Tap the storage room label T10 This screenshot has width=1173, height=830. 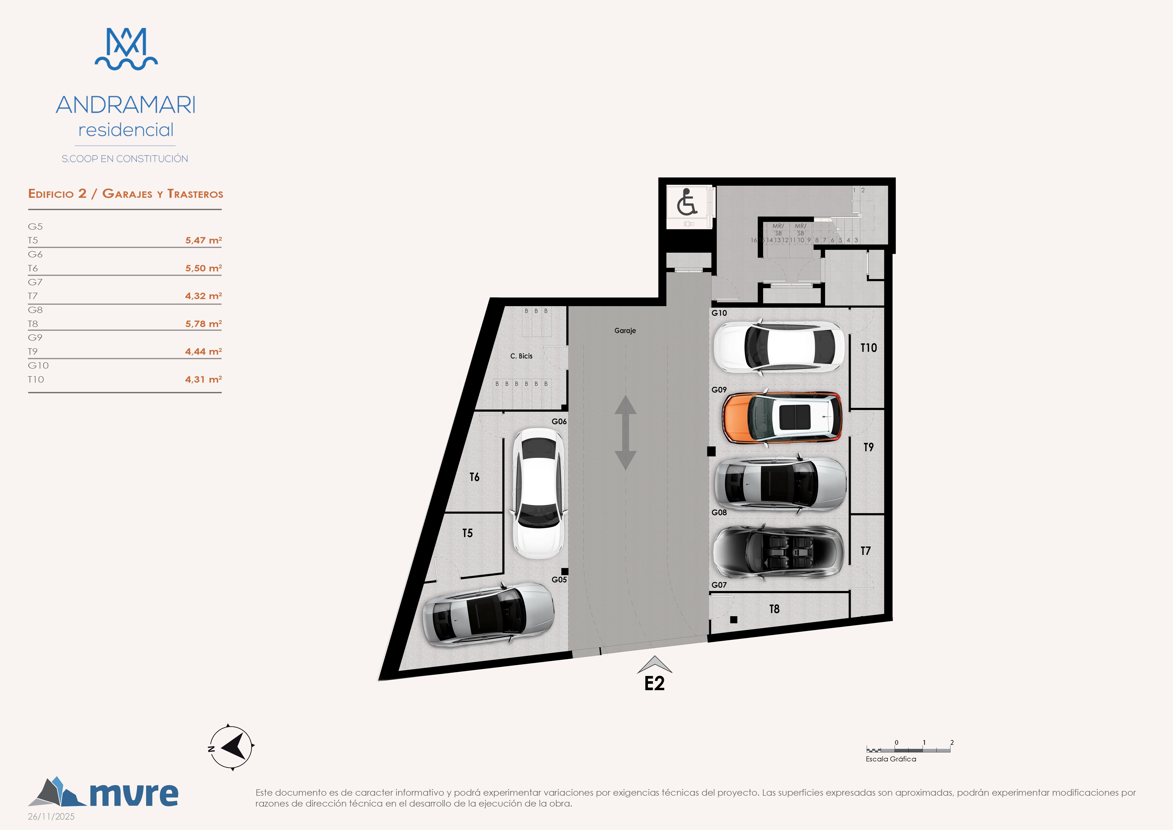868,348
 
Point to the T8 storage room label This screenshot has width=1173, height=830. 775,609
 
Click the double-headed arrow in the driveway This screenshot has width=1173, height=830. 625,432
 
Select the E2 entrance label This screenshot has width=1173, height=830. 654,683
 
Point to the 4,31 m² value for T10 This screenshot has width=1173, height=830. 203,379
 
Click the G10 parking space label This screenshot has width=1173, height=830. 719,313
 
